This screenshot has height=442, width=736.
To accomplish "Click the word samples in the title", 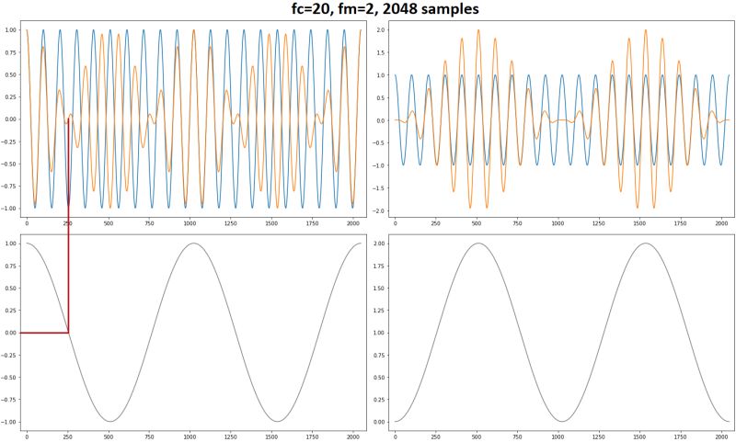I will point(442,9).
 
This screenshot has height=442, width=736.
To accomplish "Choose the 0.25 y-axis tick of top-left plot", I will point(11,97).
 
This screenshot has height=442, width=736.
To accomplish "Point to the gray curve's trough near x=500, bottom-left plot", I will point(109,422).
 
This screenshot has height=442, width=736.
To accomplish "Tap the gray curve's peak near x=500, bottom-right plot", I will point(477,244).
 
